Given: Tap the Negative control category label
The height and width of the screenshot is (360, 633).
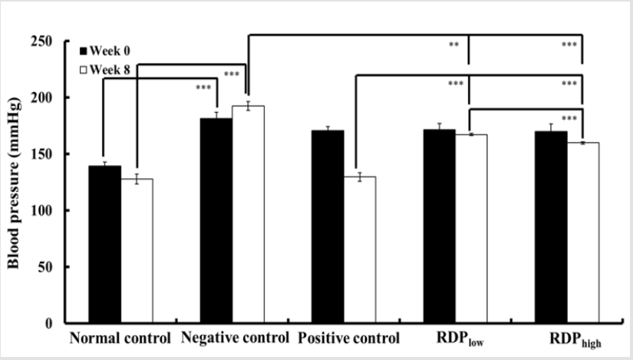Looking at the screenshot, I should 235,339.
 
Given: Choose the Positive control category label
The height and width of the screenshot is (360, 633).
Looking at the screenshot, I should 349,339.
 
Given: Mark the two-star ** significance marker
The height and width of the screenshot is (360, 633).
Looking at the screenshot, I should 454,45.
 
